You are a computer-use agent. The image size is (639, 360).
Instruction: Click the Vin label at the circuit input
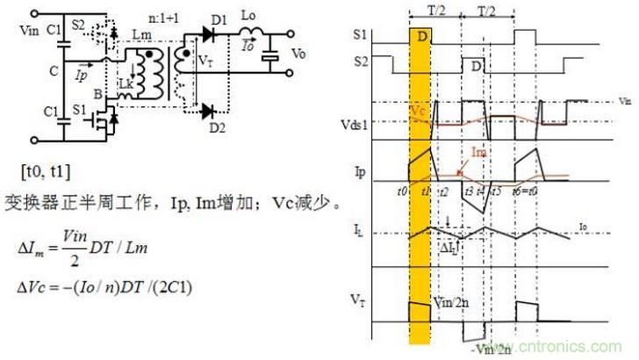[x=18, y=31]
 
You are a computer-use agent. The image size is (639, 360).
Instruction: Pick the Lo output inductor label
[x=251, y=17]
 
